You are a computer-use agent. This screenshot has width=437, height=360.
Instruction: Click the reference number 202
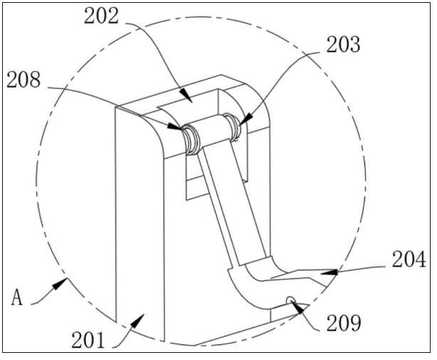pos(102,16)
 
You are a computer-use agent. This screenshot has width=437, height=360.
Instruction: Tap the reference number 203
pos(343,45)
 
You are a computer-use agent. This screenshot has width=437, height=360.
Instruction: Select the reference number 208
pos(23,80)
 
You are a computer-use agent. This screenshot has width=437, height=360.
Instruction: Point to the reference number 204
pos(409,259)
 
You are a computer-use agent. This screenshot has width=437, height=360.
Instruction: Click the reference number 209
pos(344,323)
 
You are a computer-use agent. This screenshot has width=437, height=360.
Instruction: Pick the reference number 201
pos(88,340)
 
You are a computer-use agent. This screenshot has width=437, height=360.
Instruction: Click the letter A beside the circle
pos(16,297)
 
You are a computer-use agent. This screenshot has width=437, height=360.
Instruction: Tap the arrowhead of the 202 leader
pos(186,96)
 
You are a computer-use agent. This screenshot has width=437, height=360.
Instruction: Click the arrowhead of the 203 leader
pos(244,119)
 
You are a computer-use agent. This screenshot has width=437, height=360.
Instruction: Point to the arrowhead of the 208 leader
pos(175,127)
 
